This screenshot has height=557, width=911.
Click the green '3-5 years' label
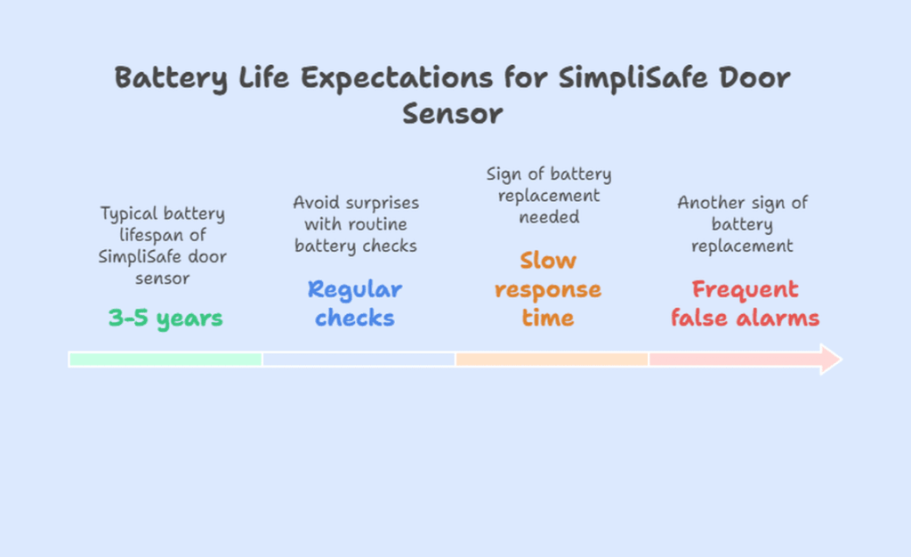tap(165, 318)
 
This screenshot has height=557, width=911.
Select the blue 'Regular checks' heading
tap(354, 303)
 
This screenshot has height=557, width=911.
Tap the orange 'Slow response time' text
tap(547, 289)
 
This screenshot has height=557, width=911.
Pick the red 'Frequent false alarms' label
tap(745, 303)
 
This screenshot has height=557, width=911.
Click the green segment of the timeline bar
tap(165, 359)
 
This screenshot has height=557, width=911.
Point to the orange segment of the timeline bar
tap(552, 359)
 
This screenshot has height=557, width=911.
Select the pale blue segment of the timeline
tap(359, 359)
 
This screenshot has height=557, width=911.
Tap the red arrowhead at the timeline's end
tap(829, 359)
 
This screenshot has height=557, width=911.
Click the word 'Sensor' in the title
tap(452, 114)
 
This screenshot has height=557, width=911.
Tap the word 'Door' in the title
tap(753, 78)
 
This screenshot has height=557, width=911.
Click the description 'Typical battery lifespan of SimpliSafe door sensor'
tap(163, 246)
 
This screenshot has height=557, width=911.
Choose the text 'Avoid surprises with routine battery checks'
tap(356, 224)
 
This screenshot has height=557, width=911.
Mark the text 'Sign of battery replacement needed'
tap(549, 196)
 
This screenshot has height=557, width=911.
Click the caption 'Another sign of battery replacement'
tap(743, 224)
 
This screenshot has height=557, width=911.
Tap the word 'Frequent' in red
tap(745, 290)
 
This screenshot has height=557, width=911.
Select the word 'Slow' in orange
tap(548, 261)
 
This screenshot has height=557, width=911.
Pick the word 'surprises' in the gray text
tap(381, 203)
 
